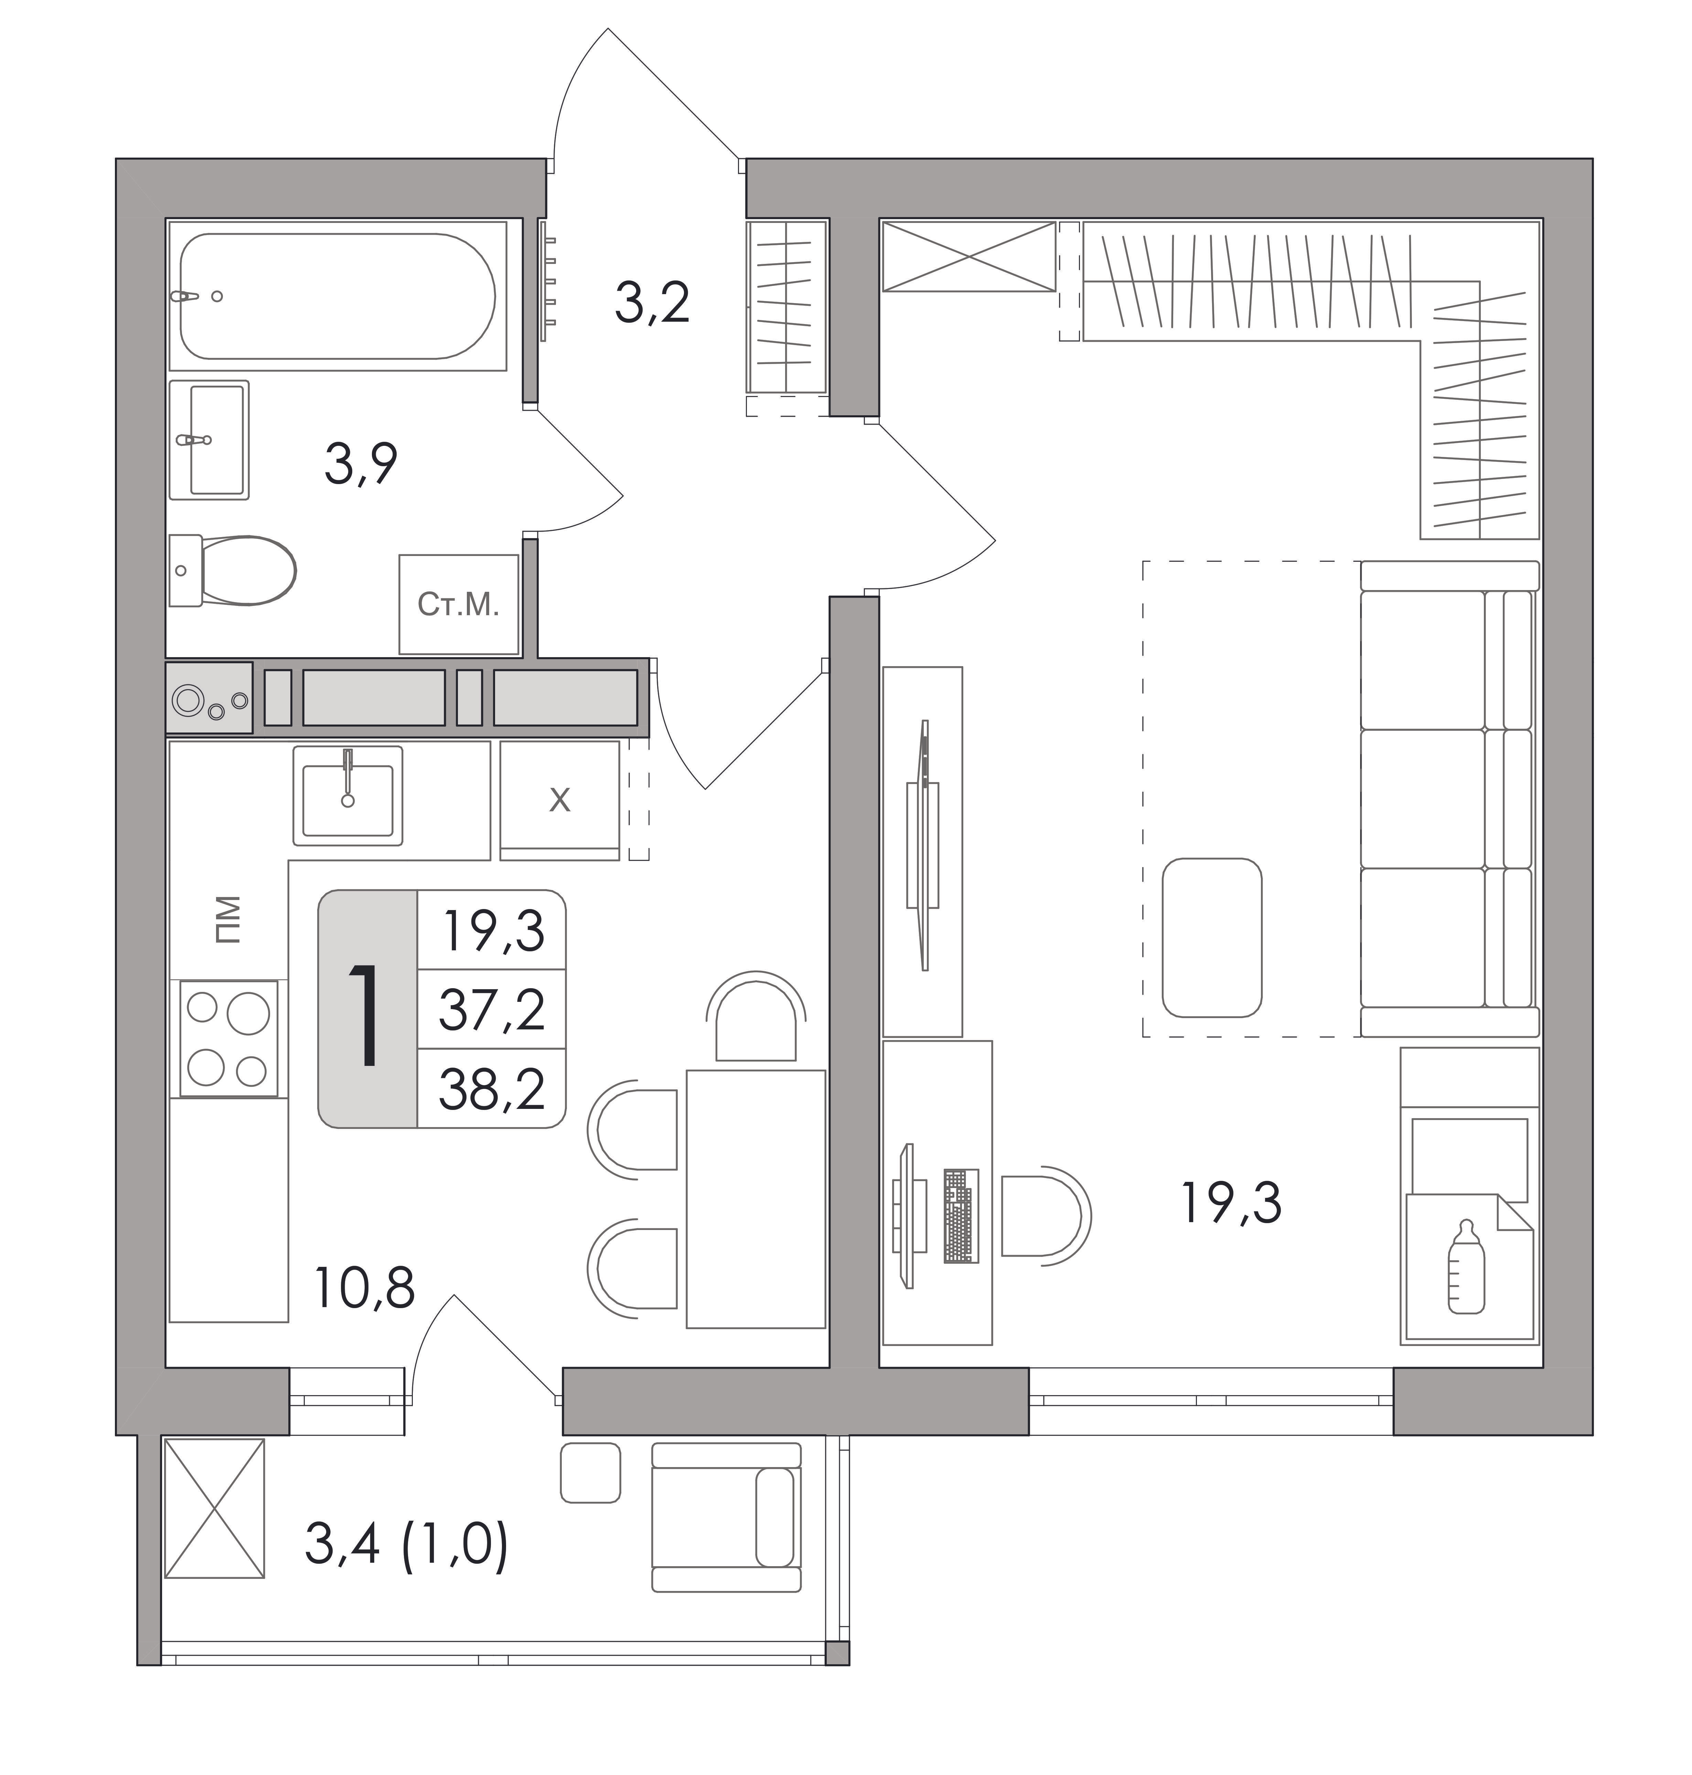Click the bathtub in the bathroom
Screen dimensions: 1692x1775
338,296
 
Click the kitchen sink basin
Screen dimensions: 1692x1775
347,795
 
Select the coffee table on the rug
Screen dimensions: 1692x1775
1212,937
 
